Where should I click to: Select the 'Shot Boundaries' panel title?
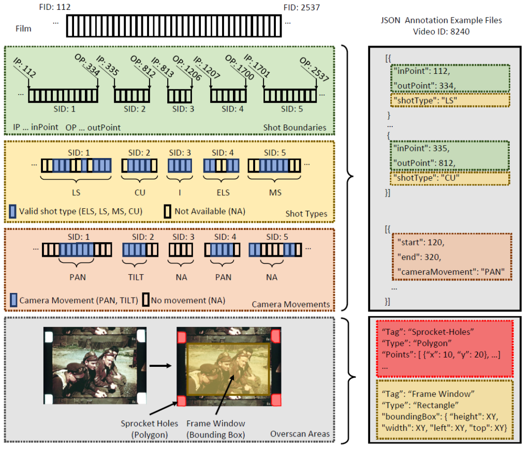[295, 128]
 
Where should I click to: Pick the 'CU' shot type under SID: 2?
[139, 192]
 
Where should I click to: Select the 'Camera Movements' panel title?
[291, 304]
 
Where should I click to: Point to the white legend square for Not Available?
[168, 211]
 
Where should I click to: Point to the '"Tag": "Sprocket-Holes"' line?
[420, 331]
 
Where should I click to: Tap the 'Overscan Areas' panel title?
[300, 434]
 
